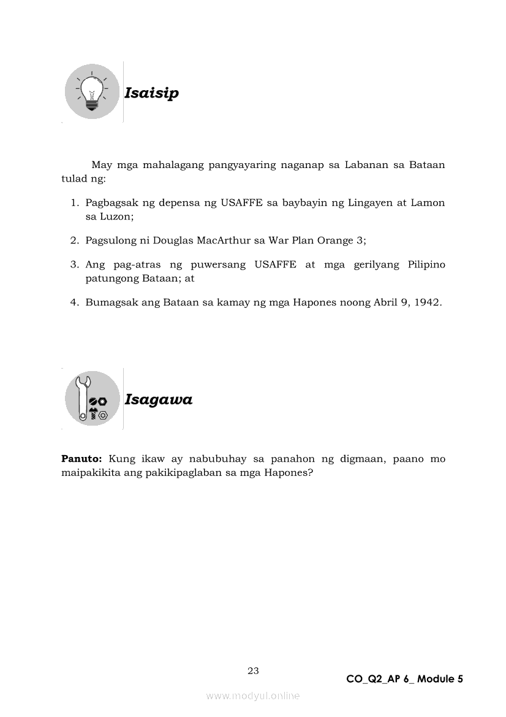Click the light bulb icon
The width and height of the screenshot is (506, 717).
coord(92,93)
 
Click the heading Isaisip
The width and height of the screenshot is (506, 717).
coord(151,93)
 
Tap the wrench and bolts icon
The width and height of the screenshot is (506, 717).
coord(92,399)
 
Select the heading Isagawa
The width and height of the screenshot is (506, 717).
coord(158,400)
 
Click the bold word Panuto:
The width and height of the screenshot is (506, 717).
coord(81,459)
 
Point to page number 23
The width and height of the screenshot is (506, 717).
coord(253,670)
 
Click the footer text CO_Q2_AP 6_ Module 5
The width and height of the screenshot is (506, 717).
coord(404,679)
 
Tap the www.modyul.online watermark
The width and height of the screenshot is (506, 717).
coord(253,696)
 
